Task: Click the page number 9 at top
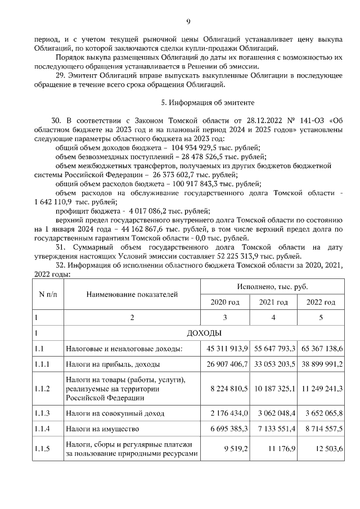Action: click(x=188, y=21)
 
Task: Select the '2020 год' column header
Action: click(x=225, y=302)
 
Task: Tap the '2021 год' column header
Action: click(x=273, y=302)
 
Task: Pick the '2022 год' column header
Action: click(x=321, y=302)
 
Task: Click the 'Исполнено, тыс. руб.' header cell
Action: click(x=273, y=286)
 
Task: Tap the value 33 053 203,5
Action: click(x=273, y=364)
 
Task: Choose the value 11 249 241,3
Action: click(x=321, y=389)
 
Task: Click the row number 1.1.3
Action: click(x=42, y=413)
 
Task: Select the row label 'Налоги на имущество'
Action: click(x=100, y=429)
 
